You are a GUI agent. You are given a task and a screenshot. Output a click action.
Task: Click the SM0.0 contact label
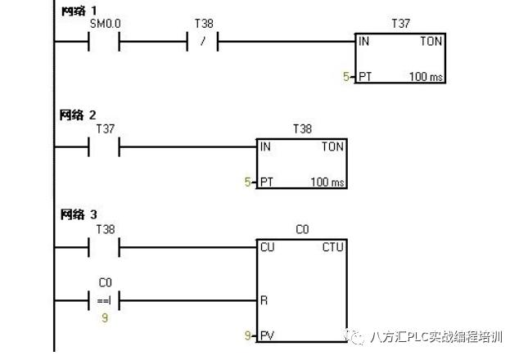[x=104, y=25]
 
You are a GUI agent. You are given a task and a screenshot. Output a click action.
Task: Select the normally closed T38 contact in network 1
[x=203, y=42]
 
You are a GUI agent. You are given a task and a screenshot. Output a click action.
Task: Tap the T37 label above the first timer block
[x=400, y=25]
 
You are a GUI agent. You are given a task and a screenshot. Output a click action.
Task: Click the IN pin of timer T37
[x=363, y=42]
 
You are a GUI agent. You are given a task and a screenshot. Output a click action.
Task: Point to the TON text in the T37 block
[x=431, y=42]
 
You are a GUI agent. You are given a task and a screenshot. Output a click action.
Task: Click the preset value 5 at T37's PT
[x=346, y=78]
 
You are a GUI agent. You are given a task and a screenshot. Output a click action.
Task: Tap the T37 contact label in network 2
[x=105, y=129]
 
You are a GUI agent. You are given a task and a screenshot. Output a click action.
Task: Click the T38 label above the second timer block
[x=302, y=129]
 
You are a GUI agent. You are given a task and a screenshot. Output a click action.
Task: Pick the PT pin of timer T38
[x=267, y=182]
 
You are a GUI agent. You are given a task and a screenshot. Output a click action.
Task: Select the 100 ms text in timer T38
[x=327, y=182]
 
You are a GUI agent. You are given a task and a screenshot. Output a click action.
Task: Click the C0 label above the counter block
[x=302, y=230]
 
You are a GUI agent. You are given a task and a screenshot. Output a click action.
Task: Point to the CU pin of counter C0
[x=267, y=246]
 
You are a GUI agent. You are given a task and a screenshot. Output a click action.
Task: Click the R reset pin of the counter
[x=264, y=300]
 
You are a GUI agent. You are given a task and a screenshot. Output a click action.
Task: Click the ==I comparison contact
[x=104, y=300]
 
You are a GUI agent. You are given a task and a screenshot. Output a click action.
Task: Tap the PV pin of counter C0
[x=267, y=335]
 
